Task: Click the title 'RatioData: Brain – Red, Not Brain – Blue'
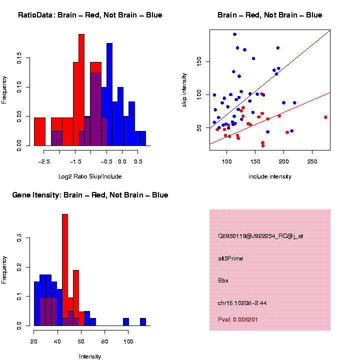coord(90,15)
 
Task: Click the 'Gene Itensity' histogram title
coord(90,194)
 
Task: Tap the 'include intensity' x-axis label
coord(270,176)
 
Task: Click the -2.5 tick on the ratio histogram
coord(44,161)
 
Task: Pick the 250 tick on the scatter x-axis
coord(312,161)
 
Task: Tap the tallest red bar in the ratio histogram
coord(81,90)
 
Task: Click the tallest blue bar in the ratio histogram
coord(109,95)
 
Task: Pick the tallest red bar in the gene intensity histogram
coord(65,270)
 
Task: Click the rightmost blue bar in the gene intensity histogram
coord(142,321)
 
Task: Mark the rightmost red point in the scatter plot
coord(325,117)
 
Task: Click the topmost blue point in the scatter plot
coord(234,34)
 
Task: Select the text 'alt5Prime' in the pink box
coord(230,258)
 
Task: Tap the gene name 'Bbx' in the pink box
coord(223,280)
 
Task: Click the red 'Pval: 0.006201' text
coord(238,319)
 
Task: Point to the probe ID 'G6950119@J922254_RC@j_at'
coord(260,236)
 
